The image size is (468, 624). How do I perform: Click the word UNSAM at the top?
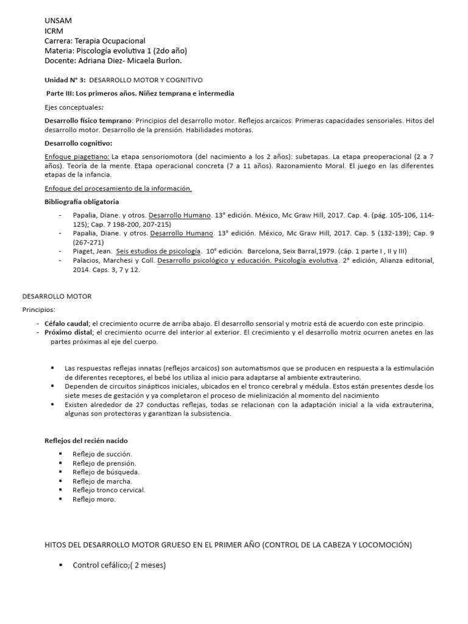(58, 21)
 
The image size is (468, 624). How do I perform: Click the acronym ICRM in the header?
(54, 30)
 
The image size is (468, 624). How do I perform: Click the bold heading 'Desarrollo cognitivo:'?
(79, 143)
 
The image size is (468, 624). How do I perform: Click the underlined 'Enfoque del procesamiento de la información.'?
(118, 188)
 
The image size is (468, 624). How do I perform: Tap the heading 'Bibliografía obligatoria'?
(82, 202)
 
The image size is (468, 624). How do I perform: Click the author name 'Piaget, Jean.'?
(92, 251)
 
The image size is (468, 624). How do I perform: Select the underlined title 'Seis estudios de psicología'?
(158, 251)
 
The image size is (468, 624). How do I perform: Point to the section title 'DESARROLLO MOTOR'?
(57, 296)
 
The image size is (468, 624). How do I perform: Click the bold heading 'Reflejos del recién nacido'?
(87, 441)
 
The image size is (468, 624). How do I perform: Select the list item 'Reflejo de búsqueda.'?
(105, 472)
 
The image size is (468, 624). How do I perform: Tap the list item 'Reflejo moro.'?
(94, 499)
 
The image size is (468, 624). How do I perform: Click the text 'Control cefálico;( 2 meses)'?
(119, 565)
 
